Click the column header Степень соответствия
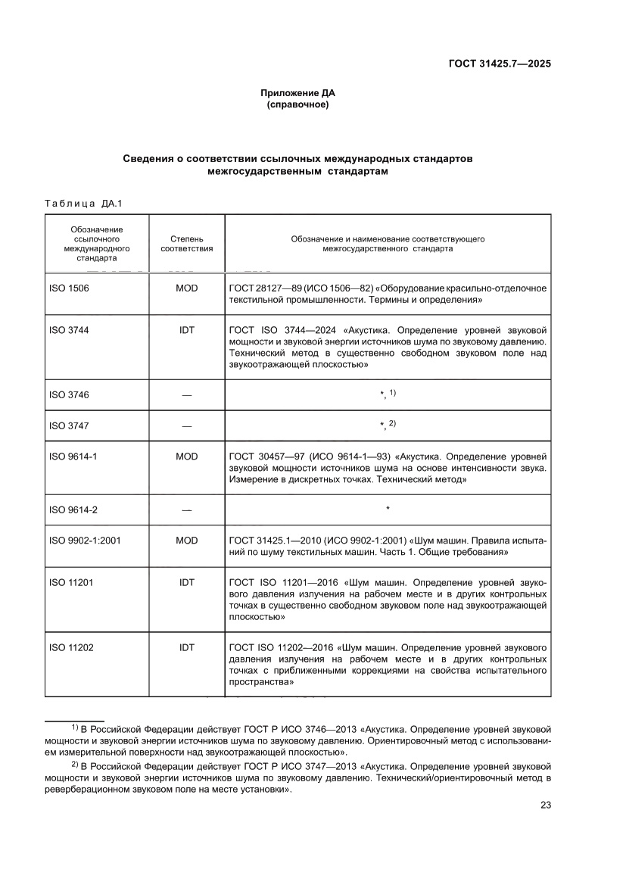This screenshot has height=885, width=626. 186,243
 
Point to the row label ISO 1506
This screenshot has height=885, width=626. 68,288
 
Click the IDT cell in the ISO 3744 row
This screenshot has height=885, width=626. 186,331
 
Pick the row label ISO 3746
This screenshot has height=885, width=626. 68,394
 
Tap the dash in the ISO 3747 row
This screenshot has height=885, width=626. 186,425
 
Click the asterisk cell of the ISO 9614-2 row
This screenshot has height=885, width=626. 388,510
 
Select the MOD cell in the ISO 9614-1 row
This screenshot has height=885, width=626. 186,457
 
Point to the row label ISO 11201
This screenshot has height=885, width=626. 70,583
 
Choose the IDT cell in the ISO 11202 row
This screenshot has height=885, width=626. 186,647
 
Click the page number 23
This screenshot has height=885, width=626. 545,805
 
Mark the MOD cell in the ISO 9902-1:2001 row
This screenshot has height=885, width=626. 186,541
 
